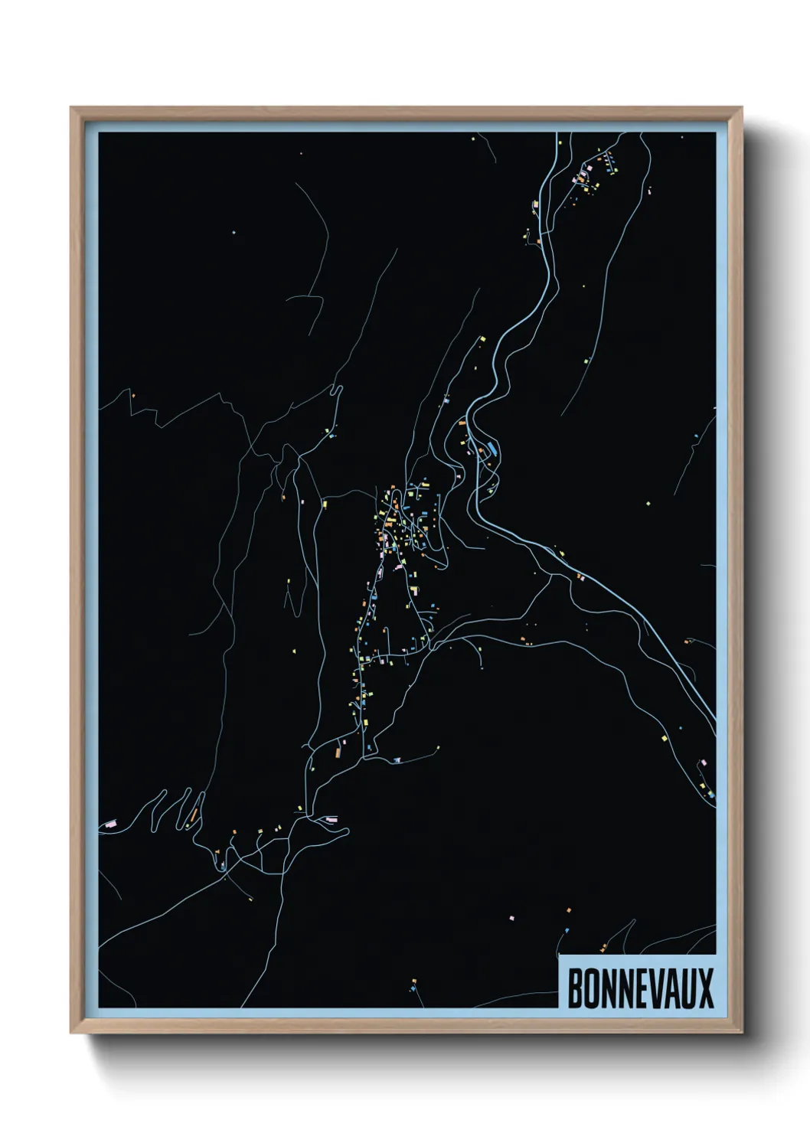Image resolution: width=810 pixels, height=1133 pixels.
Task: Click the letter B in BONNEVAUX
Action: click(575, 988)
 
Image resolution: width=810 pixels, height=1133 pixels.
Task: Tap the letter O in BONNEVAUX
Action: click(591, 988)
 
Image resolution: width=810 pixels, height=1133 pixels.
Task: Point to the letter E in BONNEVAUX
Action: click(641, 988)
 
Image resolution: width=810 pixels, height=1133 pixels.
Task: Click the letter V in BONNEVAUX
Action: click(656, 988)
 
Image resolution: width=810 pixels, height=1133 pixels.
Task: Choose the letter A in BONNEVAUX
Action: click(672, 988)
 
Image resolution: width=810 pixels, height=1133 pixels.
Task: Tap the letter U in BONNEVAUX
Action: click(688, 988)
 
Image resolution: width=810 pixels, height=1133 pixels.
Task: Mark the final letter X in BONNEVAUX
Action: click(705, 988)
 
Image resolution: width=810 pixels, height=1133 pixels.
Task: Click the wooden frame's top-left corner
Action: click(73, 109)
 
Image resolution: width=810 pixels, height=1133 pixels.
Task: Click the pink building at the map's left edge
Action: click(109, 823)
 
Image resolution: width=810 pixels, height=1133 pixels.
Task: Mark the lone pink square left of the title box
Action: click(511, 916)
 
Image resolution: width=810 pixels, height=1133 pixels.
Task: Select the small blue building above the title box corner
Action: click(567, 929)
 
